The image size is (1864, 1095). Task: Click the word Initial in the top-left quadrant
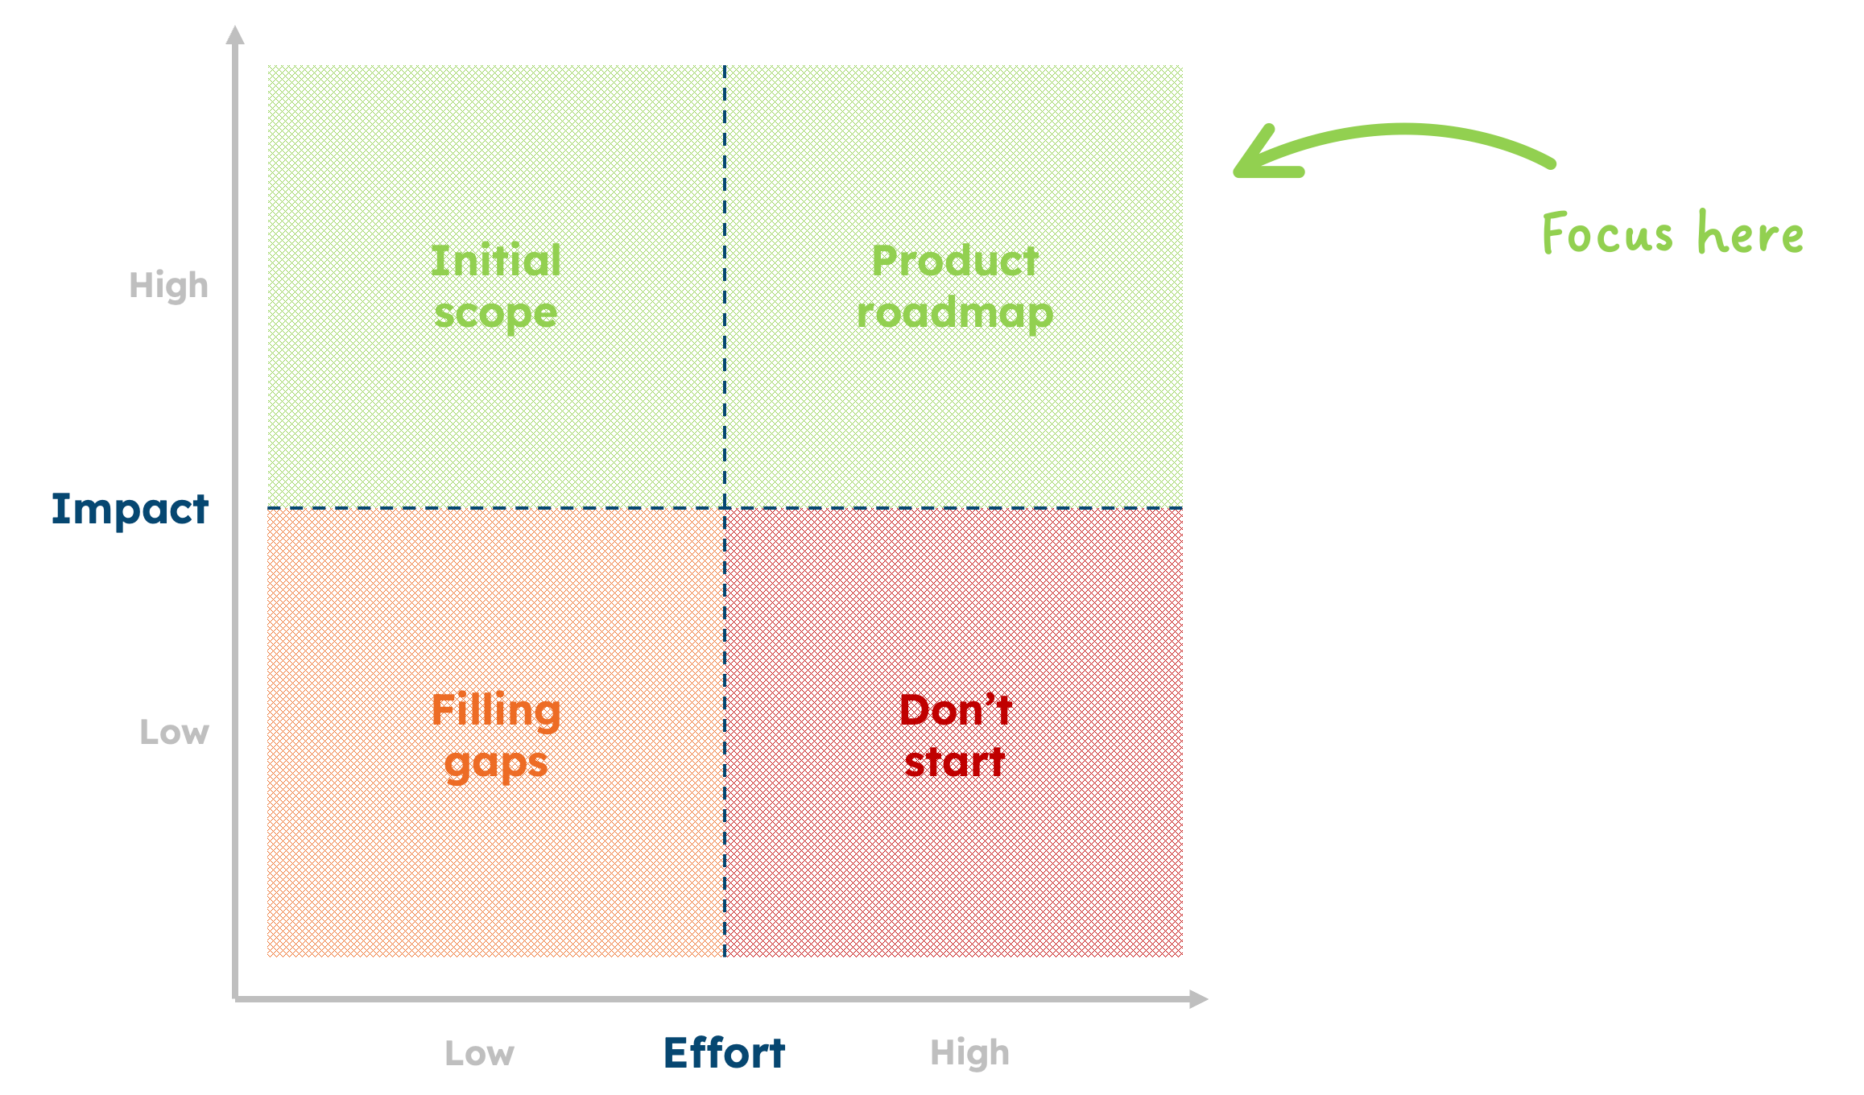point(496,261)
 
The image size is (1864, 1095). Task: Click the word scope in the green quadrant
point(496,314)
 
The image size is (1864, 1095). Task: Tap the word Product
point(955,261)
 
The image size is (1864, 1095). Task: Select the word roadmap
point(955,314)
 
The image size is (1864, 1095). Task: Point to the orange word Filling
point(496,711)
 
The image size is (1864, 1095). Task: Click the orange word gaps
point(496,763)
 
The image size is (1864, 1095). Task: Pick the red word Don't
point(955,710)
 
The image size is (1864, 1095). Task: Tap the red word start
point(955,762)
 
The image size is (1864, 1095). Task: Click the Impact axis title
point(130,510)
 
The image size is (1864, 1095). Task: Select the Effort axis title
point(724,1053)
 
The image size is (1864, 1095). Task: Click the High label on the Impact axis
point(169,287)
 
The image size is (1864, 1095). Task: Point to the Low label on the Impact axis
point(174,733)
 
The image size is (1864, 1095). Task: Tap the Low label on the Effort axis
point(479,1054)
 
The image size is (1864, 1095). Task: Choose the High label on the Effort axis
point(969,1054)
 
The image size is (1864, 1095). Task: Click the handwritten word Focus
point(1607,234)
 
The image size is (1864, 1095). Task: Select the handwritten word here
point(1750,233)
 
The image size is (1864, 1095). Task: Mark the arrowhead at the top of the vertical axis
point(235,35)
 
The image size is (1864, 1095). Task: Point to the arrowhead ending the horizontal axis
point(1199,999)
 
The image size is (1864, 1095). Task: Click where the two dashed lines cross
point(725,508)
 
